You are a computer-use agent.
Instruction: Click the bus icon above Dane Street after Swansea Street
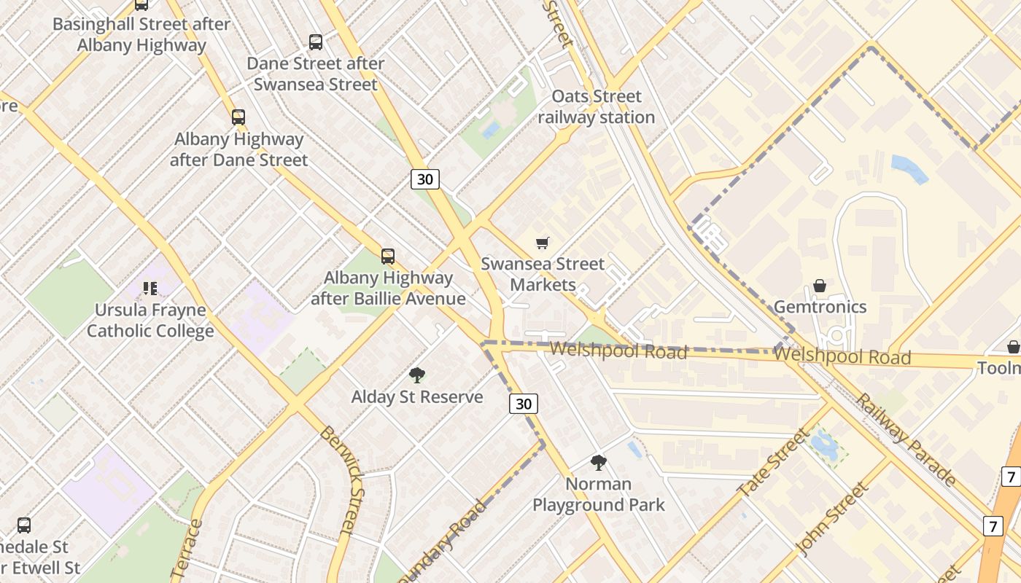[x=316, y=42]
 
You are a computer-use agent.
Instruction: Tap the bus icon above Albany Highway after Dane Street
[x=238, y=117]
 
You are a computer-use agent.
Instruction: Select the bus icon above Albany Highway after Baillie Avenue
[x=388, y=257]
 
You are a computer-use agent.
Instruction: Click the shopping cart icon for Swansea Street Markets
[x=542, y=243]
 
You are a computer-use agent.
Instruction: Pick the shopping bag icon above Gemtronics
[x=820, y=286]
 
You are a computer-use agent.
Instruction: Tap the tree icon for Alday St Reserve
[x=417, y=375]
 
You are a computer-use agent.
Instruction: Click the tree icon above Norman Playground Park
[x=599, y=462]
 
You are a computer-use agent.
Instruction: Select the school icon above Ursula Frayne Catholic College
[x=150, y=289]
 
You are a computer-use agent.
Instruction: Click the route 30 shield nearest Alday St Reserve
[x=524, y=404]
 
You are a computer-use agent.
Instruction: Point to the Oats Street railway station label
[x=596, y=106]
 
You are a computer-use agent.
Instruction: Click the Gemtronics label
[x=820, y=307]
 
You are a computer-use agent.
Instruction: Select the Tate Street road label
[x=773, y=463]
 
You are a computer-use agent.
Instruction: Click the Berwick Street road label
[x=341, y=481]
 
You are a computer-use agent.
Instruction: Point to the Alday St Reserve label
[x=417, y=397]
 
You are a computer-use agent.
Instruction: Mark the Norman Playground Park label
[x=599, y=494]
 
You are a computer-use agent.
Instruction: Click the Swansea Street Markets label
[x=543, y=274]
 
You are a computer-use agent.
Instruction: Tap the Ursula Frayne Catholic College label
[x=150, y=321]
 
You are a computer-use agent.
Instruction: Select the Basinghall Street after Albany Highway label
[x=141, y=34]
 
